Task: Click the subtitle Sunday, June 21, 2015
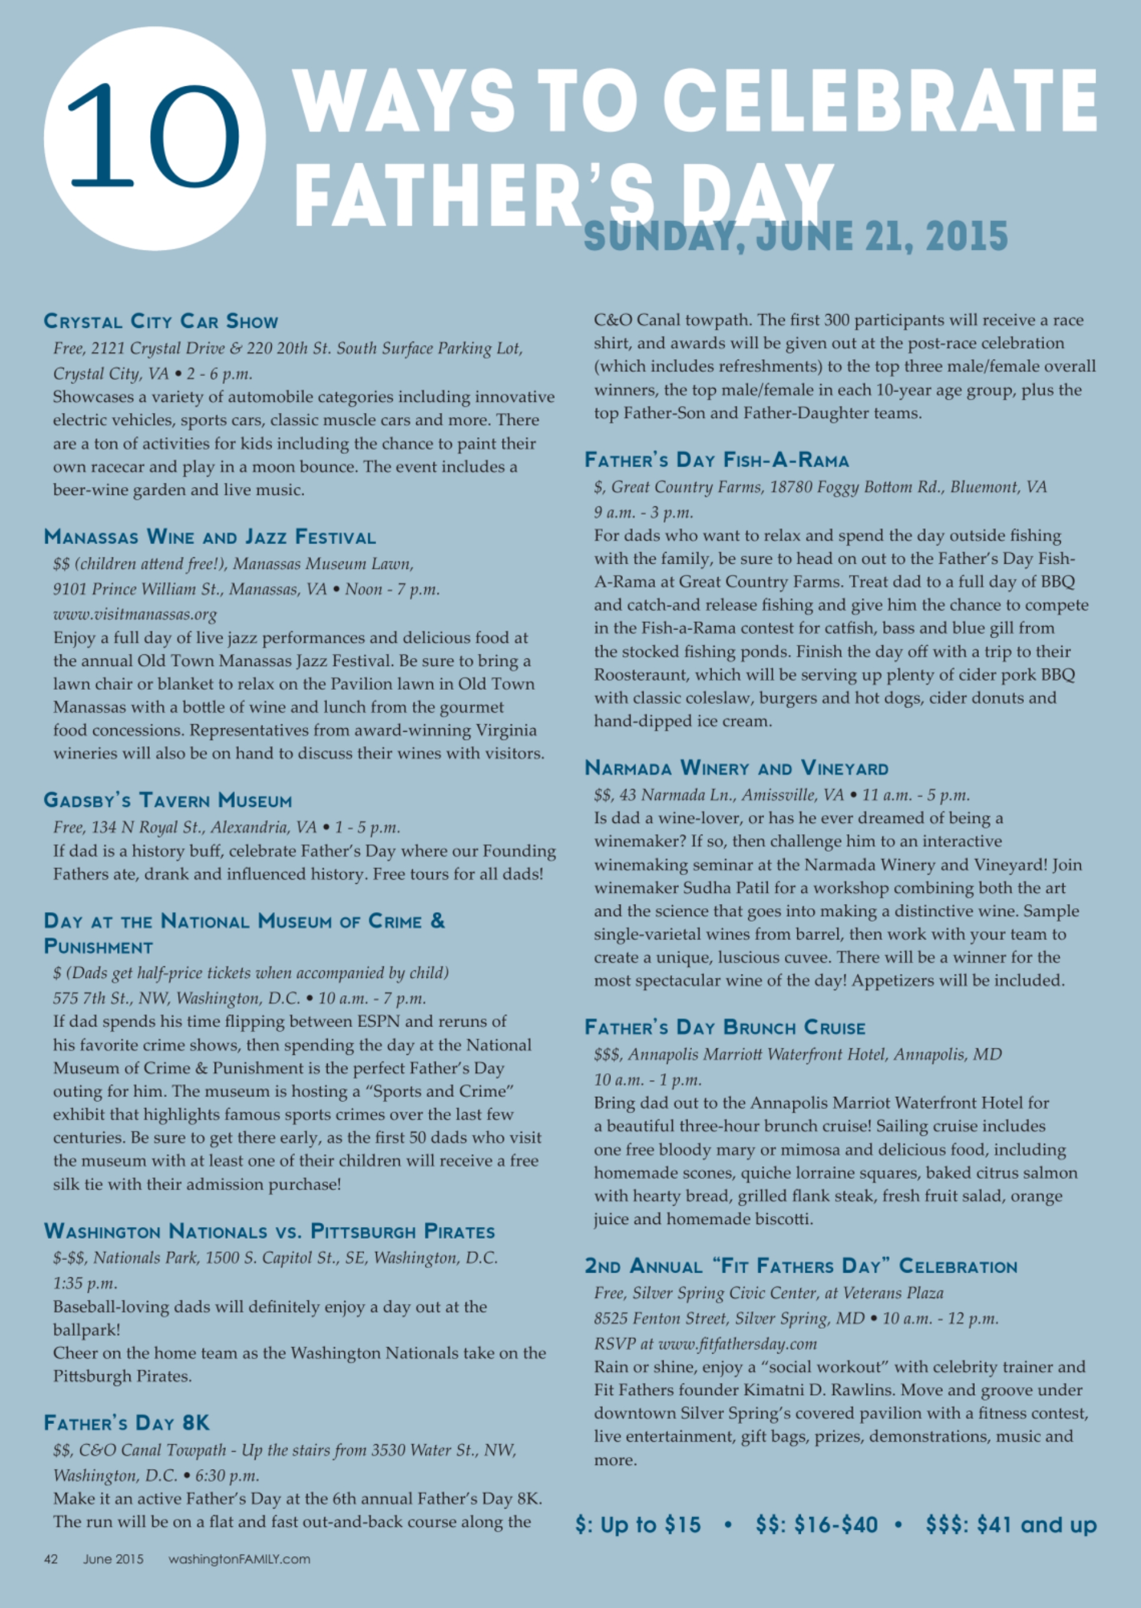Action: coord(796,236)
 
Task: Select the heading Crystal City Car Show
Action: coord(161,321)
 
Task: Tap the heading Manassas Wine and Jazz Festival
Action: coord(209,537)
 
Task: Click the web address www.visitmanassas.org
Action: coord(135,614)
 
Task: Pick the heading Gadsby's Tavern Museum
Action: coord(168,800)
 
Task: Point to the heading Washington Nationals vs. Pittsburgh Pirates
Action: coord(269,1231)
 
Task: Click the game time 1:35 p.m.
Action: coord(85,1283)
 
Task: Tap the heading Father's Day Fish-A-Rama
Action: coord(717,460)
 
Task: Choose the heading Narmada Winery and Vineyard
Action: coord(736,767)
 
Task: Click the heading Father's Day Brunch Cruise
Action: coord(725,1028)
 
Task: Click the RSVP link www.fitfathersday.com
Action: coord(737,1344)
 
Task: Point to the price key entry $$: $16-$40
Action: coord(816,1525)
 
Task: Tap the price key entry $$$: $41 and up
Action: coord(1010,1525)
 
